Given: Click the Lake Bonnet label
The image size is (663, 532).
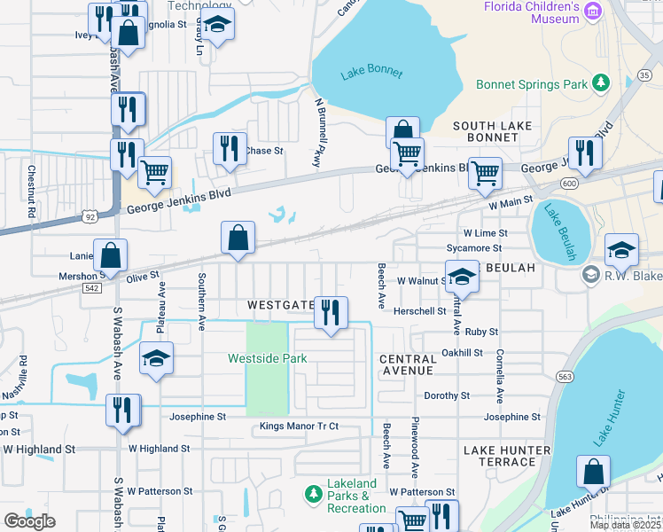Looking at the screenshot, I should point(370,73).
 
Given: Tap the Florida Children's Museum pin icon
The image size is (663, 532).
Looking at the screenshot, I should point(593,12).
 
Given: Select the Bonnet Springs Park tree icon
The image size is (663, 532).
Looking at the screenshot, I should point(602,83).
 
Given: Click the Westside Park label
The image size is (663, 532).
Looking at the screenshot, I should point(267,358).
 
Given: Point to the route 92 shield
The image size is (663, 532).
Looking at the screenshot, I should point(90,215).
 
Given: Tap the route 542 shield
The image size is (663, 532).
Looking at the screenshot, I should point(90,288).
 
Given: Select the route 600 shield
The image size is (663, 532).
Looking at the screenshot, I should point(568,183).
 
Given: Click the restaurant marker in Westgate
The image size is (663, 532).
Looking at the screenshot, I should point(331,312).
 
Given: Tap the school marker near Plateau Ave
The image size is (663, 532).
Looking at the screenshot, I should point(157,359).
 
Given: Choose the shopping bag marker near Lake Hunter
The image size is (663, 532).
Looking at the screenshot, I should point(593,472).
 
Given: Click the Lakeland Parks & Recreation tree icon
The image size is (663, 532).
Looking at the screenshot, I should point(311,492).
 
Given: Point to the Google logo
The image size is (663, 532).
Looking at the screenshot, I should point(29,521).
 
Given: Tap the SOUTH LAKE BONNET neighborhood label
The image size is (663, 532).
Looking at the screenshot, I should point(486,131).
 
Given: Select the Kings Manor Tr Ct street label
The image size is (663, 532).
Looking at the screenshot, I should point(299,426).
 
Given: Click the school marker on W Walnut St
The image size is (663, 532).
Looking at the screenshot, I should point(461,278).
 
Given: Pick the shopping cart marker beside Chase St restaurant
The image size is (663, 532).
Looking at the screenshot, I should point(155,172).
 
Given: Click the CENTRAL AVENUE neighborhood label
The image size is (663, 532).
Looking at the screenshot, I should point(408,364).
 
